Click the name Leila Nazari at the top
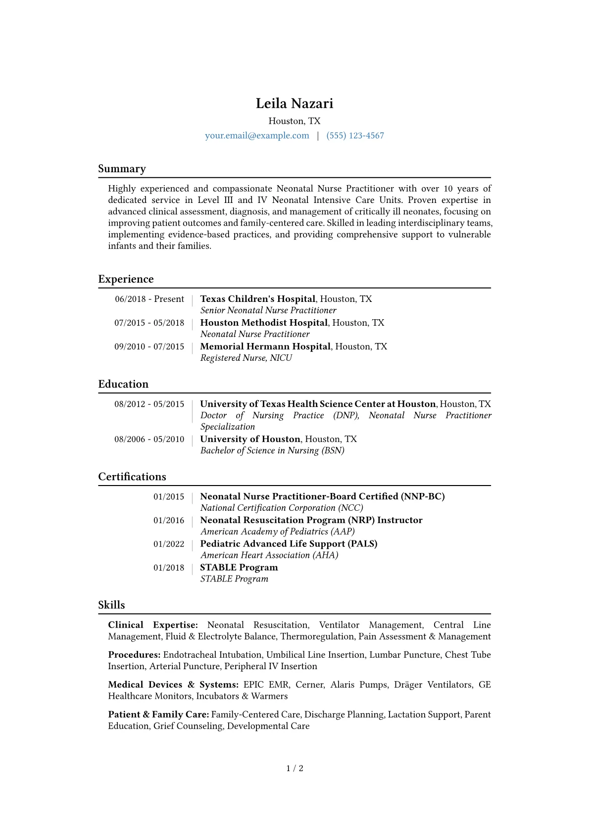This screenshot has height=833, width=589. point(294,103)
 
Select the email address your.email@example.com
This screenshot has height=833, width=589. point(257,136)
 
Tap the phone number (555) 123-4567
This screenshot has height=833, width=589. point(355,136)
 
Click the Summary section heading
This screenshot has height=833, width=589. point(122,169)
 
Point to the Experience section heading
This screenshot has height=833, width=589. point(126,279)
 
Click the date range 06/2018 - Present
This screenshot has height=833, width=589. point(149,299)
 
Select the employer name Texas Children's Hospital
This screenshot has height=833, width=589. point(257,299)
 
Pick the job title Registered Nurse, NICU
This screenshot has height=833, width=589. point(246,358)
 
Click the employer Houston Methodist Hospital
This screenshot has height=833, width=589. point(264,323)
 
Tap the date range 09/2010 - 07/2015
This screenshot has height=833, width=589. point(149,346)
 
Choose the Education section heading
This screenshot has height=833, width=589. point(123,384)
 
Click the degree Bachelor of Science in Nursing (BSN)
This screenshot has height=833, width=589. point(272,450)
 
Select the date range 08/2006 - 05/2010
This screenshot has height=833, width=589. point(149,439)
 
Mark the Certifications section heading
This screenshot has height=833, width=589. point(132,477)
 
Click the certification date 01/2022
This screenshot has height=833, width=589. point(169,544)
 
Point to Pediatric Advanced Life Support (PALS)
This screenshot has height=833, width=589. point(289,544)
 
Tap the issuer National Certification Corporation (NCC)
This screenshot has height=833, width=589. point(282,508)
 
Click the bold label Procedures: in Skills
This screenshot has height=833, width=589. point(134,655)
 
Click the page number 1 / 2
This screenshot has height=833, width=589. point(294,768)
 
